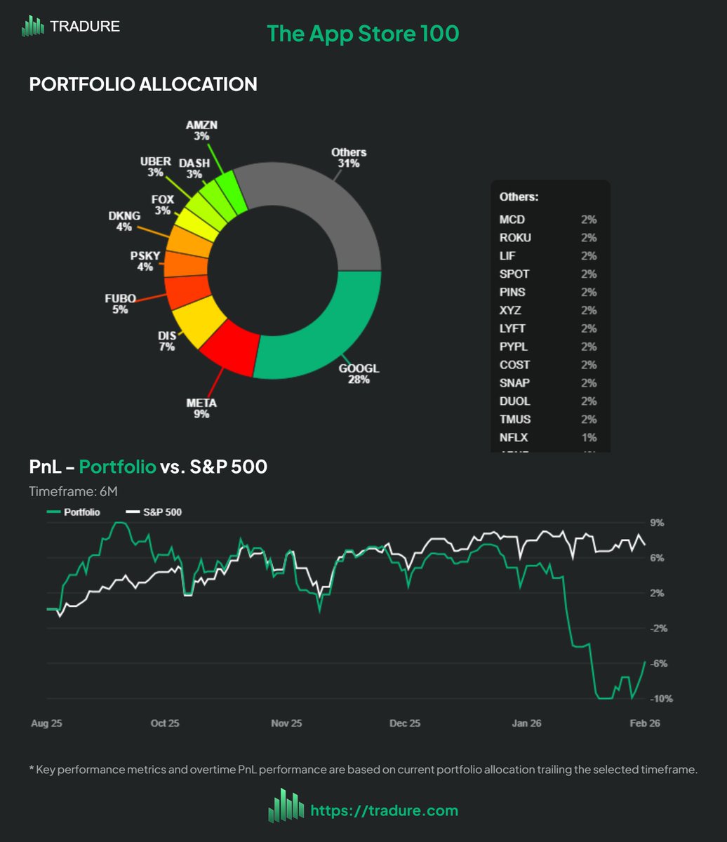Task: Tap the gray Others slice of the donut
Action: point(316,210)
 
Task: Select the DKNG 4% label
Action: point(124,221)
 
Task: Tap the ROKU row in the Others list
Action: point(516,238)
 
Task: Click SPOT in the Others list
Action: point(514,274)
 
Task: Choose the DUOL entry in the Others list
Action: point(515,401)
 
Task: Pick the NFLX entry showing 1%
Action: point(515,438)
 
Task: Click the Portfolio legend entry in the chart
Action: point(74,512)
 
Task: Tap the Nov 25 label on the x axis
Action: point(286,723)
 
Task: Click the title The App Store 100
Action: point(363,34)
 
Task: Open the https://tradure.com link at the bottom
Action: point(384,811)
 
